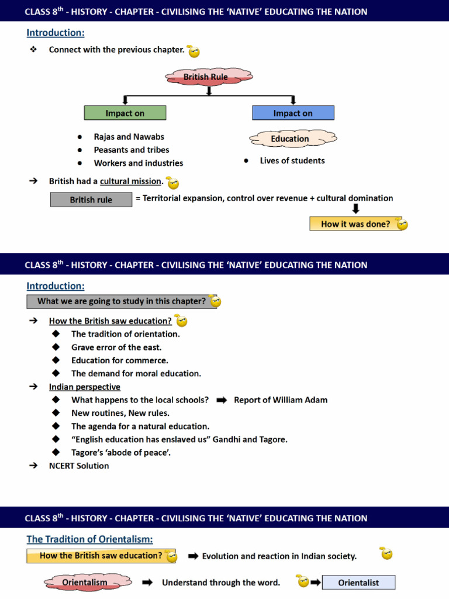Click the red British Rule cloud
coord(206,77)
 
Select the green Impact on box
coord(125,113)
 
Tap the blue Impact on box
coord(293,113)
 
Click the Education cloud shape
coord(290,139)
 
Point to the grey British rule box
coord(91,199)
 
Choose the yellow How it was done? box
coord(355,224)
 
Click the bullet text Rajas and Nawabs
coord(129,137)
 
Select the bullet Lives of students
coord(292,160)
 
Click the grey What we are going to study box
coord(122,301)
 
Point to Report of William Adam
coord(281,400)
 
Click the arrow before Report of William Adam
coord(222,400)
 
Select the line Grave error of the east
coord(116,347)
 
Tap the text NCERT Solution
coord(79,466)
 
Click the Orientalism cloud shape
coord(85,583)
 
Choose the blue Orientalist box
coord(359,583)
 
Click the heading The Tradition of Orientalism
coord(89,539)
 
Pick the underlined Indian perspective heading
coord(85,387)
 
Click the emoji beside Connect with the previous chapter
coord(194,51)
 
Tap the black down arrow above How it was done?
coord(355,209)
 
